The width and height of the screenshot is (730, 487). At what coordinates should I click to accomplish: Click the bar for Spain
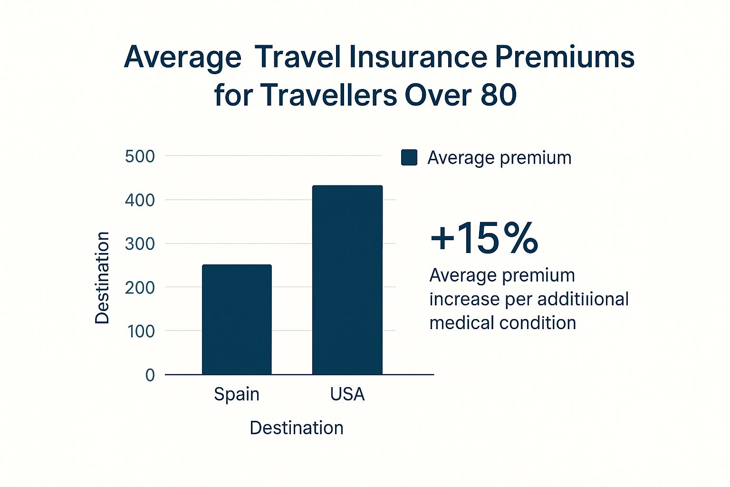click(x=237, y=320)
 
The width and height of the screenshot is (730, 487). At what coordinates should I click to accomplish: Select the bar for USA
click(x=347, y=280)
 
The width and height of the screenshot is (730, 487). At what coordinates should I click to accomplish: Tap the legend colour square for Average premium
click(x=409, y=157)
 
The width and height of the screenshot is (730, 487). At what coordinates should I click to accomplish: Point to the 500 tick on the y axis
click(x=140, y=156)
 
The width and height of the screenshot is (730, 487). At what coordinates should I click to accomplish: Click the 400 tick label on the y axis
click(x=140, y=200)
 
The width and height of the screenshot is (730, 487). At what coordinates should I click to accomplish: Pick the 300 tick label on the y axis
click(x=140, y=244)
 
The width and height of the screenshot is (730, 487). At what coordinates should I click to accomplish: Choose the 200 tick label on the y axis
click(x=140, y=287)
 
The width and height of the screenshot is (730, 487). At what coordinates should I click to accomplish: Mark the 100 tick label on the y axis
click(x=141, y=331)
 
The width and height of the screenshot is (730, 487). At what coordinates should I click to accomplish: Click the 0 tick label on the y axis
click(x=150, y=375)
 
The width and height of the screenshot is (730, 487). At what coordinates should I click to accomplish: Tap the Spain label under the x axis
click(x=237, y=394)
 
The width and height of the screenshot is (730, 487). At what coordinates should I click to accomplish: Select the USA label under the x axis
click(x=347, y=394)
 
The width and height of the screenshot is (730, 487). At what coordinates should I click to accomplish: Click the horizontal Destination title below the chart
click(x=297, y=428)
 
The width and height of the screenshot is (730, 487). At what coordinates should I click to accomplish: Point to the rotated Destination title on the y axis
click(x=102, y=278)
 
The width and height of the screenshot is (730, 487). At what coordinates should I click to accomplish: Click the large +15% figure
click(x=484, y=237)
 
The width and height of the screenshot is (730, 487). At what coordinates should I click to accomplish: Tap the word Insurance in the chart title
click(x=418, y=57)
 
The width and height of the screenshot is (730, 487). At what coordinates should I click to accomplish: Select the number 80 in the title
click(x=499, y=95)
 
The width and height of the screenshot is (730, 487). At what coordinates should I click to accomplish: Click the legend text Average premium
click(x=499, y=157)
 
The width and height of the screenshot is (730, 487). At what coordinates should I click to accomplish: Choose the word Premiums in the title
click(x=565, y=57)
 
